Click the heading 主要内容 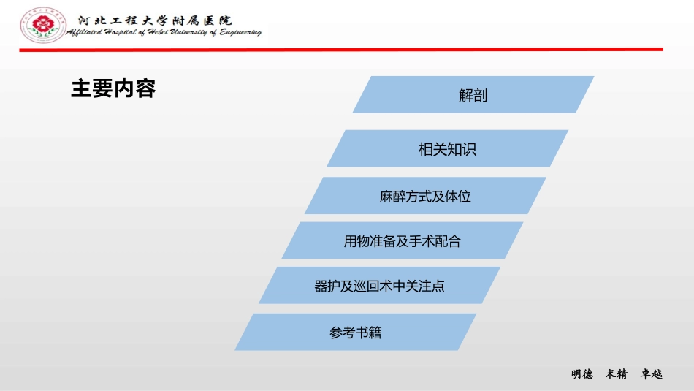click(113, 89)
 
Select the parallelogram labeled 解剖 click(473, 95)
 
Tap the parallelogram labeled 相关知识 click(447, 149)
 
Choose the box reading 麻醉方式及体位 click(425, 196)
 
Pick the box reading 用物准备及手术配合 click(403, 240)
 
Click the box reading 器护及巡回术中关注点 click(379, 286)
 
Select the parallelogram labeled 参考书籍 click(356, 333)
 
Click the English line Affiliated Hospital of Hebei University click(164, 33)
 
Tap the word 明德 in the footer click(581, 374)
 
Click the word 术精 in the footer click(617, 374)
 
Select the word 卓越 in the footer click(651, 374)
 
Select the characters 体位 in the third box click(458, 196)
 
